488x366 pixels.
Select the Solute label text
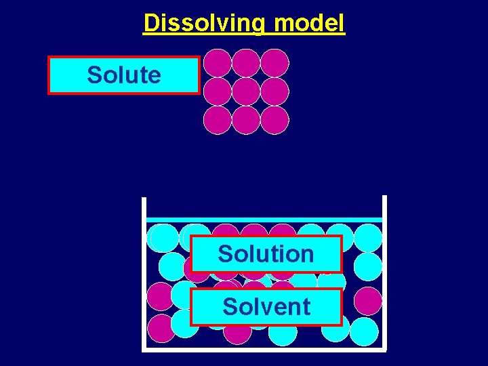coord(124,75)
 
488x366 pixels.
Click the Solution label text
coord(266,254)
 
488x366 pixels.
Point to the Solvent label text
coord(266,306)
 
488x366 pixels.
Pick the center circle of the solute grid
coord(246,91)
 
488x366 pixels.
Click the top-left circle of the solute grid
coord(218,63)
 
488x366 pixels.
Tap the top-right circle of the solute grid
coord(274,63)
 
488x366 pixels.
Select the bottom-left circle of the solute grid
coord(218,120)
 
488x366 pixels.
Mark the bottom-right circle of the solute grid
coord(274,120)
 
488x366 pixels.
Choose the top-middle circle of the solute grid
coord(246,63)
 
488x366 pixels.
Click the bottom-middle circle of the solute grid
coord(246,120)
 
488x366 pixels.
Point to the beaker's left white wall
coord(144,271)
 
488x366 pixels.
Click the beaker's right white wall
coord(384,271)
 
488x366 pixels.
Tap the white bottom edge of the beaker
coord(264,350)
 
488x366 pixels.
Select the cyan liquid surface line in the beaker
coord(264,220)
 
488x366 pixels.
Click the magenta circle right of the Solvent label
coord(367,300)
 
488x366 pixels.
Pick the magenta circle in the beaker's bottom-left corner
coord(161,328)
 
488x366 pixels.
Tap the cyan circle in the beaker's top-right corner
coord(368,238)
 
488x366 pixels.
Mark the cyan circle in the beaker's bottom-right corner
coord(364,331)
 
